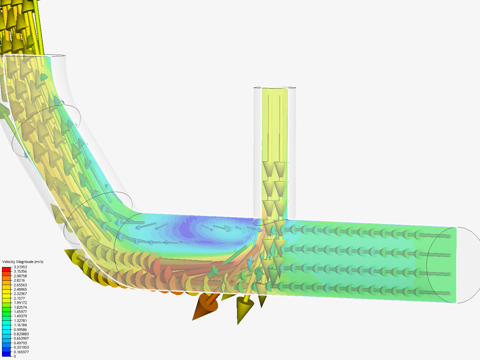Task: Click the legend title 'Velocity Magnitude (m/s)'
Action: click(x=23, y=262)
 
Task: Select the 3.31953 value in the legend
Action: click(x=20, y=267)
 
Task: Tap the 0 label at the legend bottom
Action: click(x=15, y=356)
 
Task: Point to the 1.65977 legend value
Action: click(x=20, y=312)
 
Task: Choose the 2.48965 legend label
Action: click(x=20, y=289)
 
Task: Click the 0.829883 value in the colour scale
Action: click(x=21, y=334)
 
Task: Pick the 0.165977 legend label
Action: click(x=21, y=352)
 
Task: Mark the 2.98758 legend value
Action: click(x=20, y=276)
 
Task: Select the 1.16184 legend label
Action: click(x=20, y=325)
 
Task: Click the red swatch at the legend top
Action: click(x=7, y=269)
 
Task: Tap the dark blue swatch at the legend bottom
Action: click(x=7, y=354)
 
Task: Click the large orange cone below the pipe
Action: click(x=205, y=306)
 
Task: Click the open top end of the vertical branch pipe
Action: click(x=275, y=88)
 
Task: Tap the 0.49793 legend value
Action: click(x=20, y=343)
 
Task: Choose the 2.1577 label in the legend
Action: click(x=19, y=298)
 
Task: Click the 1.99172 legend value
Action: click(x=20, y=303)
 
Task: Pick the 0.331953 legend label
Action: click(x=21, y=347)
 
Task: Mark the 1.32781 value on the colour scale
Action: click(x=20, y=321)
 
